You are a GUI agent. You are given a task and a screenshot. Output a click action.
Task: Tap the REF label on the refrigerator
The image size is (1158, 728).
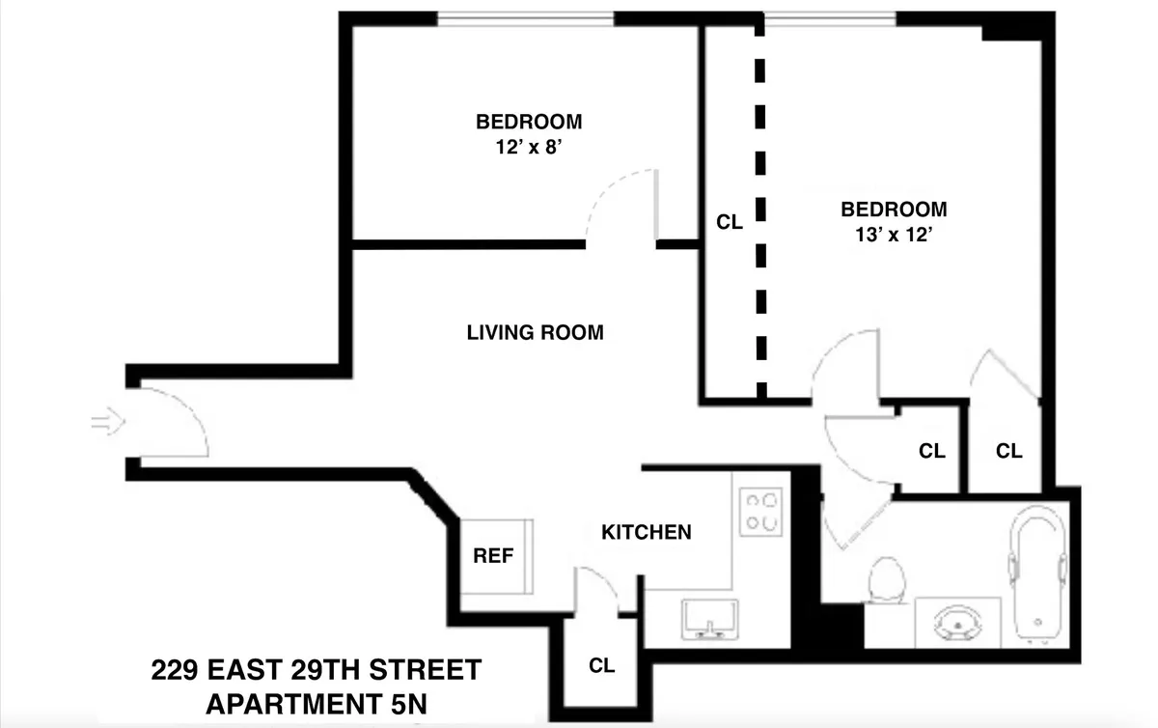(493, 556)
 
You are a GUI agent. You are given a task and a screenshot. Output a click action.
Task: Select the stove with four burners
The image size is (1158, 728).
(760, 512)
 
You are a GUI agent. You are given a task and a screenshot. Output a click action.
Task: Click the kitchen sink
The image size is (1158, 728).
(709, 619)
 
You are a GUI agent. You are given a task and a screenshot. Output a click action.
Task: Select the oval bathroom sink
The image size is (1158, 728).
(954, 624)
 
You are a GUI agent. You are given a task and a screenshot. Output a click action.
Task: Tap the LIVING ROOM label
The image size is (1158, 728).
(535, 333)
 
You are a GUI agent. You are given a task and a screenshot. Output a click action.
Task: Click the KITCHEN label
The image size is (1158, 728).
(646, 532)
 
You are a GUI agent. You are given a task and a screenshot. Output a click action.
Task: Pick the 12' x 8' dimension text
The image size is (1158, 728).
(528, 147)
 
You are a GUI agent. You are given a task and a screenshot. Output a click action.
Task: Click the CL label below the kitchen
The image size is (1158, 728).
(601, 665)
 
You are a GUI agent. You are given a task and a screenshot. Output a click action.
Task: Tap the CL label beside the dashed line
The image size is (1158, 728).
(730, 222)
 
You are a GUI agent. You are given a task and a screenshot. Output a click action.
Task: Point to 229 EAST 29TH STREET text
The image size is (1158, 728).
(316, 669)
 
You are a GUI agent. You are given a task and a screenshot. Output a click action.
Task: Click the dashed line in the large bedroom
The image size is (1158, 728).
(760, 212)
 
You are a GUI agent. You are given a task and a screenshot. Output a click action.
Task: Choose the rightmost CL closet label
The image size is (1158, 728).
(1008, 450)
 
